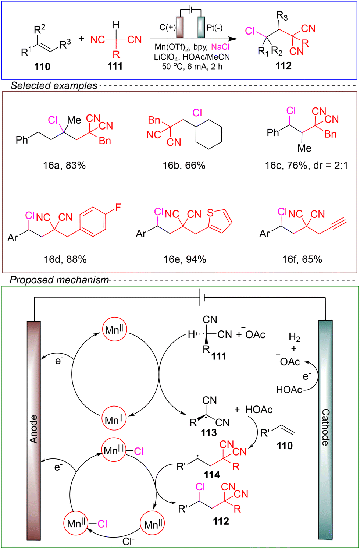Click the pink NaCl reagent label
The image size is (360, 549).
coord(220,47)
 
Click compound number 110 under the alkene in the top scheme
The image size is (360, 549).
coord(42,67)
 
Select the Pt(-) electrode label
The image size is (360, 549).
coord(214,28)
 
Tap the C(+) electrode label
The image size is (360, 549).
coord(168,28)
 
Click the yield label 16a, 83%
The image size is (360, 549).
coord(64,166)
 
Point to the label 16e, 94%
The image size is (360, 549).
coord(185,259)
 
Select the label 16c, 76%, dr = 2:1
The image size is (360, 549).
coord(306,166)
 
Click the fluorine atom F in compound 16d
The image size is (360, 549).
coord(118,208)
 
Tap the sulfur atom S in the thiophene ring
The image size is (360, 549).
coord(210,213)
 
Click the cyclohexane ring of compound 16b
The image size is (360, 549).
coord(208,134)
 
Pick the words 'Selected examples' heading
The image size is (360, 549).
coord(54,86)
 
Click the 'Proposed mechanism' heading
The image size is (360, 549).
coord(59,280)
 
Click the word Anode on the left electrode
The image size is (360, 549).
coord(33,429)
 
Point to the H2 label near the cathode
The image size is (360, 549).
coord(295,338)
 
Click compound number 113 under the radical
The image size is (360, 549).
coord(208,433)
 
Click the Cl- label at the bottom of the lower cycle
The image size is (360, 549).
coord(129,541)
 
